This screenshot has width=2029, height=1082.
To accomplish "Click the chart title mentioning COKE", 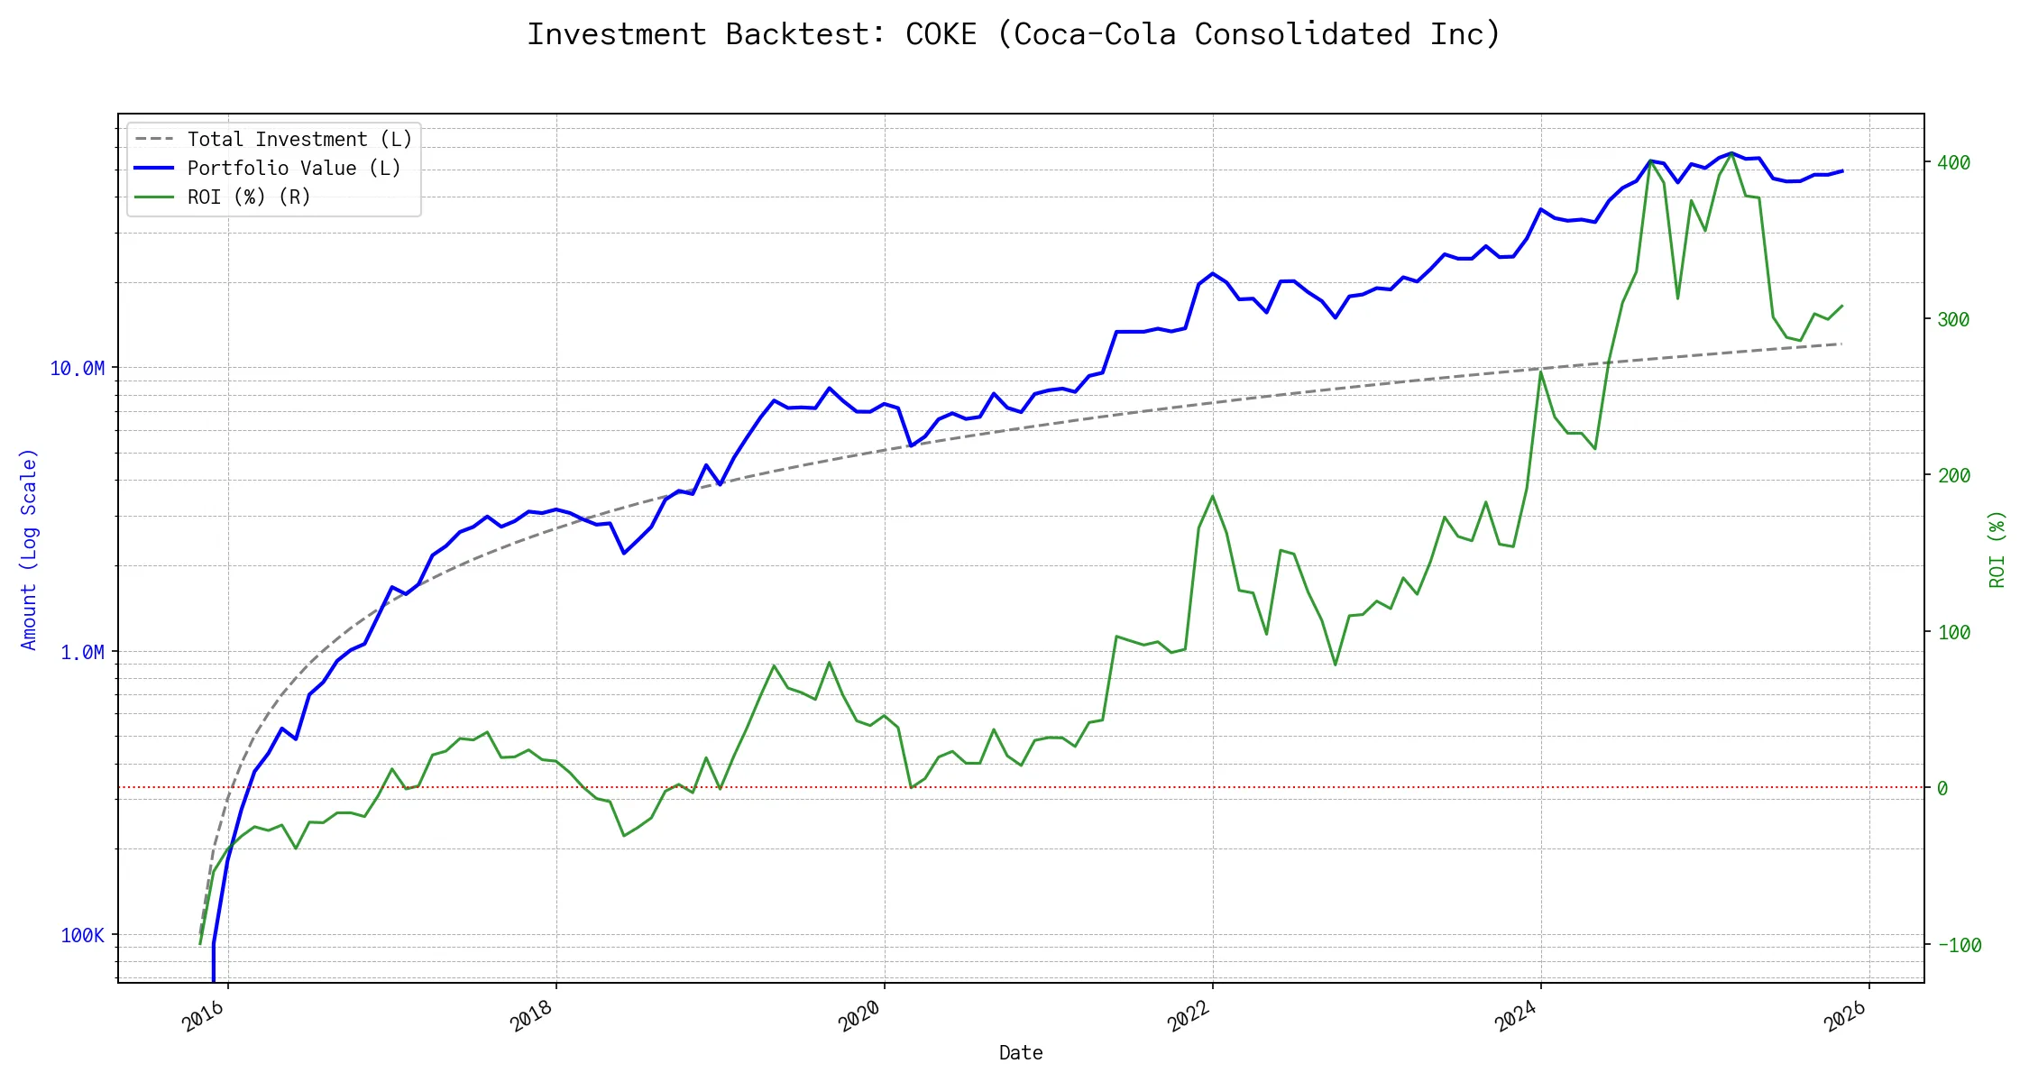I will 1014,34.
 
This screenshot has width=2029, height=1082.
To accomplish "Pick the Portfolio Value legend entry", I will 294,169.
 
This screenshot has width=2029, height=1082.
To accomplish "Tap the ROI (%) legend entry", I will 249,197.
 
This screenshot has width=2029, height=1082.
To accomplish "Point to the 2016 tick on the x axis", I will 204,1016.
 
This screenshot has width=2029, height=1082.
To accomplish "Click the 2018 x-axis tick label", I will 532,1016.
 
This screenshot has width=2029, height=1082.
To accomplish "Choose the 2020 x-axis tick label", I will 860,1016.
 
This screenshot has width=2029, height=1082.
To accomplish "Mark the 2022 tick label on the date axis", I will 1189,1016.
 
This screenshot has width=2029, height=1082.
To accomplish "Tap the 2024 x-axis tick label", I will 1517,1016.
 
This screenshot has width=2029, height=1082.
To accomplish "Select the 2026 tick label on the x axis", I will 1845,1016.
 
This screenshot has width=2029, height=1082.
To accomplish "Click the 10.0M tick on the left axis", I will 78,369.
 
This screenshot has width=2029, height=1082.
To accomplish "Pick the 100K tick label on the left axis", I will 83,936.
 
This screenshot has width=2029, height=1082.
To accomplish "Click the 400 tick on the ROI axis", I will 1953,163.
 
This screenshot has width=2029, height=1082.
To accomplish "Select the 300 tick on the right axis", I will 1953,320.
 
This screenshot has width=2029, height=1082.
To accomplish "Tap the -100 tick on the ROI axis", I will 1959,946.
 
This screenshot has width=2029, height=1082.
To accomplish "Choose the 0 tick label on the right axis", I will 1942,789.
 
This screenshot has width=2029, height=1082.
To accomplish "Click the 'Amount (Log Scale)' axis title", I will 29,549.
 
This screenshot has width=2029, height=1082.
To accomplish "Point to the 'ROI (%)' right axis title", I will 1997,549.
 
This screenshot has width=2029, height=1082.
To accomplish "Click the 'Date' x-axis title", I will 1021,1053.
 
